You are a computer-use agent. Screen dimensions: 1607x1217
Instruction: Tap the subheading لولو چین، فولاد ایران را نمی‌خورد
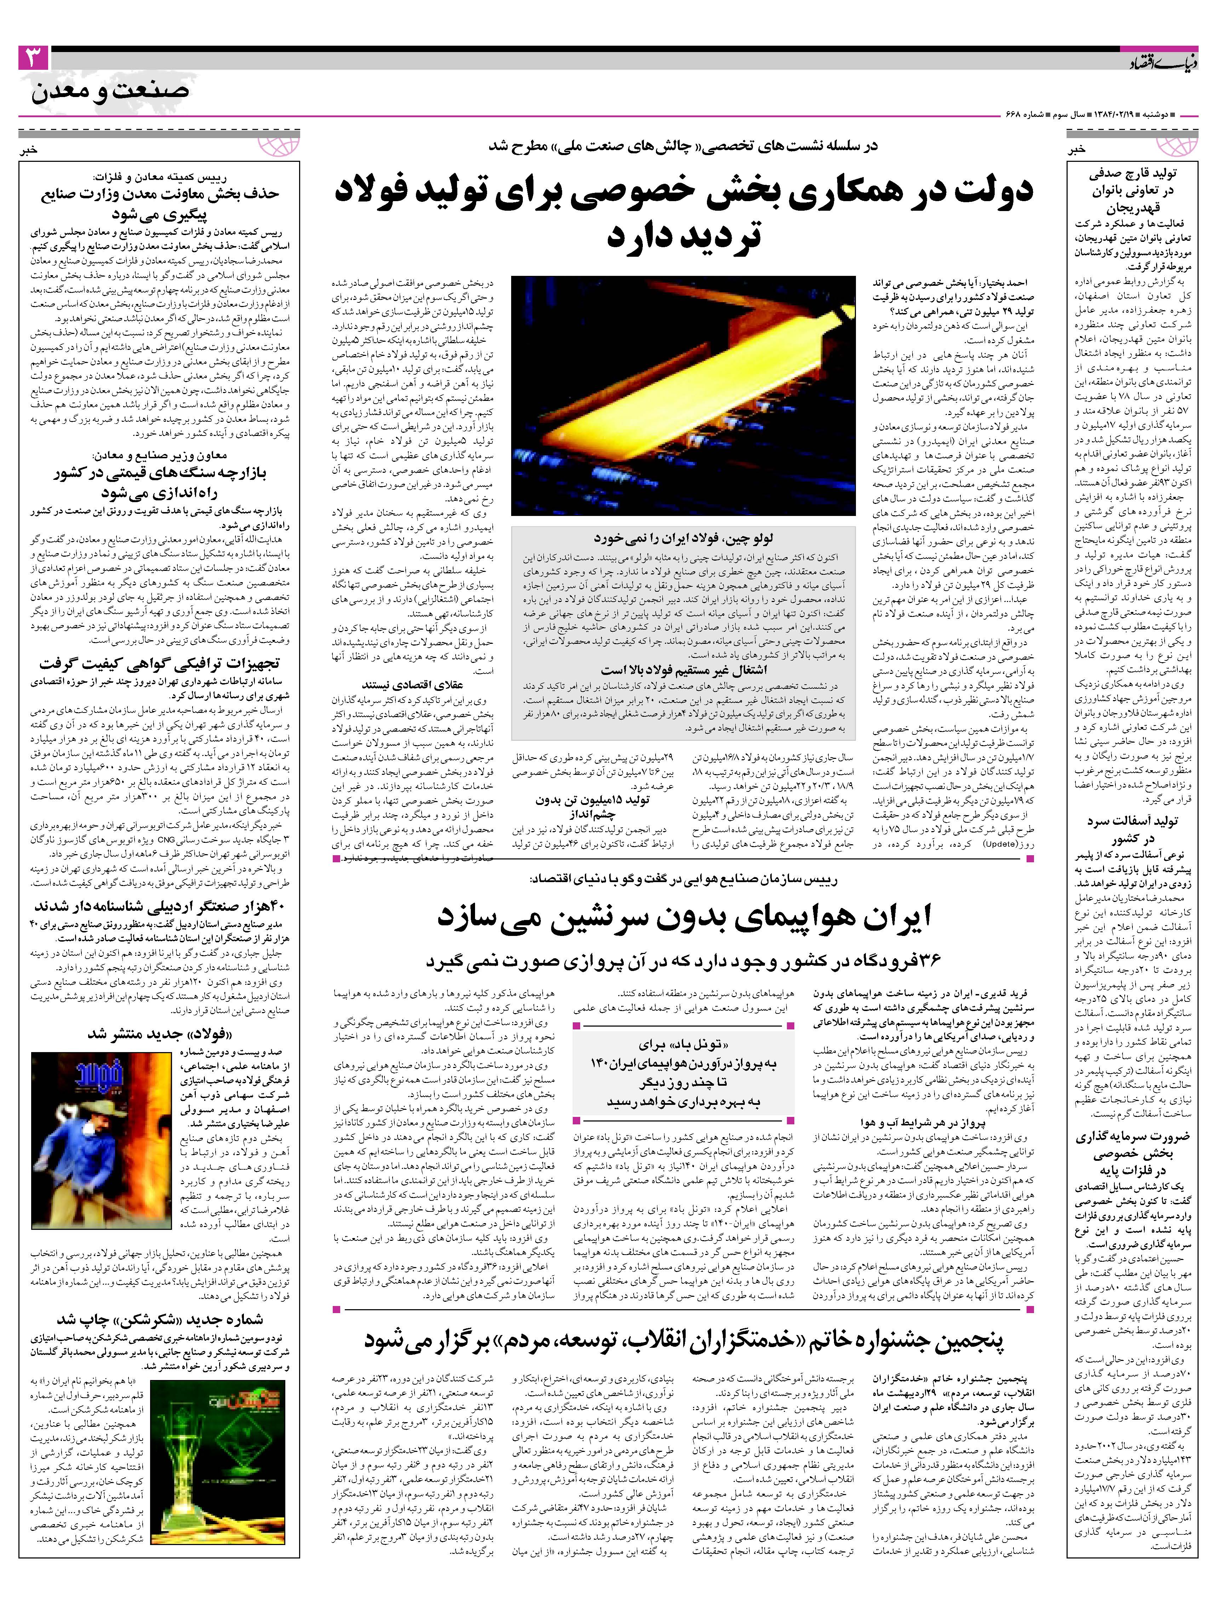click(682, 538)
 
